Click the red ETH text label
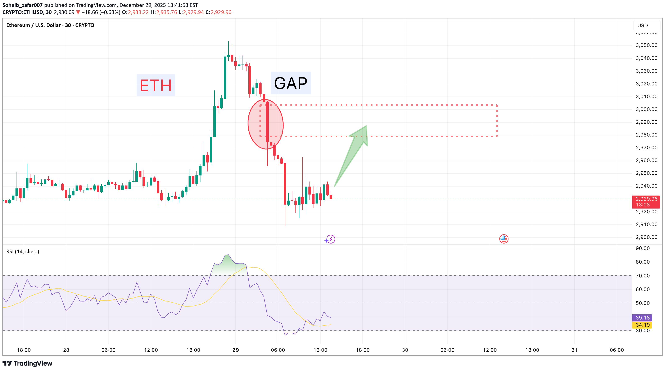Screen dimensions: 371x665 pyautogui.click(x=156, y=85)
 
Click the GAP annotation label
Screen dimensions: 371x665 pyautogui.click(x=291, y=83)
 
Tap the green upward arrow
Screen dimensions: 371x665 pyautogui.click(x=354, y=152)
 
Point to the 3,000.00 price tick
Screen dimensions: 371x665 pyautogui.click(x=646, y=109)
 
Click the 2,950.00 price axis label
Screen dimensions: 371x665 pyautogui.click(x=646, y=173)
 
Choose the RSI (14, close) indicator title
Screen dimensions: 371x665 pyautogui.click(x=23, y=251)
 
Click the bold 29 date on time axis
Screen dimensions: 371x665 pyautogui.click(x=235, y=350)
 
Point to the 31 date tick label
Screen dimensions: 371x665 pyautogui.click(x=574, y=350)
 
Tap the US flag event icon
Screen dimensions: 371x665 pyautogui.click(x=504, y=239)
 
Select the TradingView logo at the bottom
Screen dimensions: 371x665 pyautogui.click(x=27, y=363)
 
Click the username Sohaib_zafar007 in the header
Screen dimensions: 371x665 pyautogui.click(x=22, y=5)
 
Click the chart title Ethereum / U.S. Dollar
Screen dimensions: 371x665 pyautogui.click(x=33, y=25)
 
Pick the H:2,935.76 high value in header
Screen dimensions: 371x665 pyautogui.click(x=164, y=12)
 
